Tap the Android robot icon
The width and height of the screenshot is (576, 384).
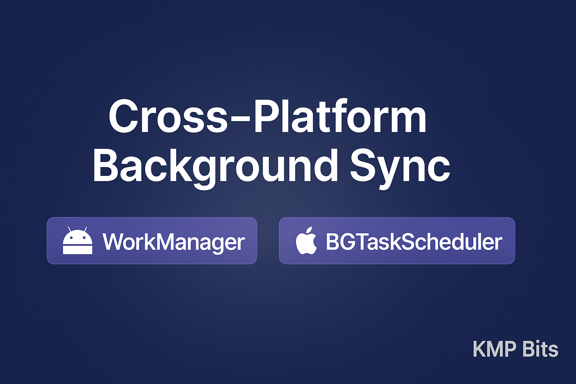coord(78,241)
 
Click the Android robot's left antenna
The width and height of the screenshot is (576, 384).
coord(69,229)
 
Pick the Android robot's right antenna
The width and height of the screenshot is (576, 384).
coord(85,229)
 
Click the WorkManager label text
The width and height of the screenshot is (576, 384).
coord(174,242)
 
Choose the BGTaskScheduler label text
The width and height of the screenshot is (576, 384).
coord(414,241)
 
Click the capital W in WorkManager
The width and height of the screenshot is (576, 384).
coord(114,242)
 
